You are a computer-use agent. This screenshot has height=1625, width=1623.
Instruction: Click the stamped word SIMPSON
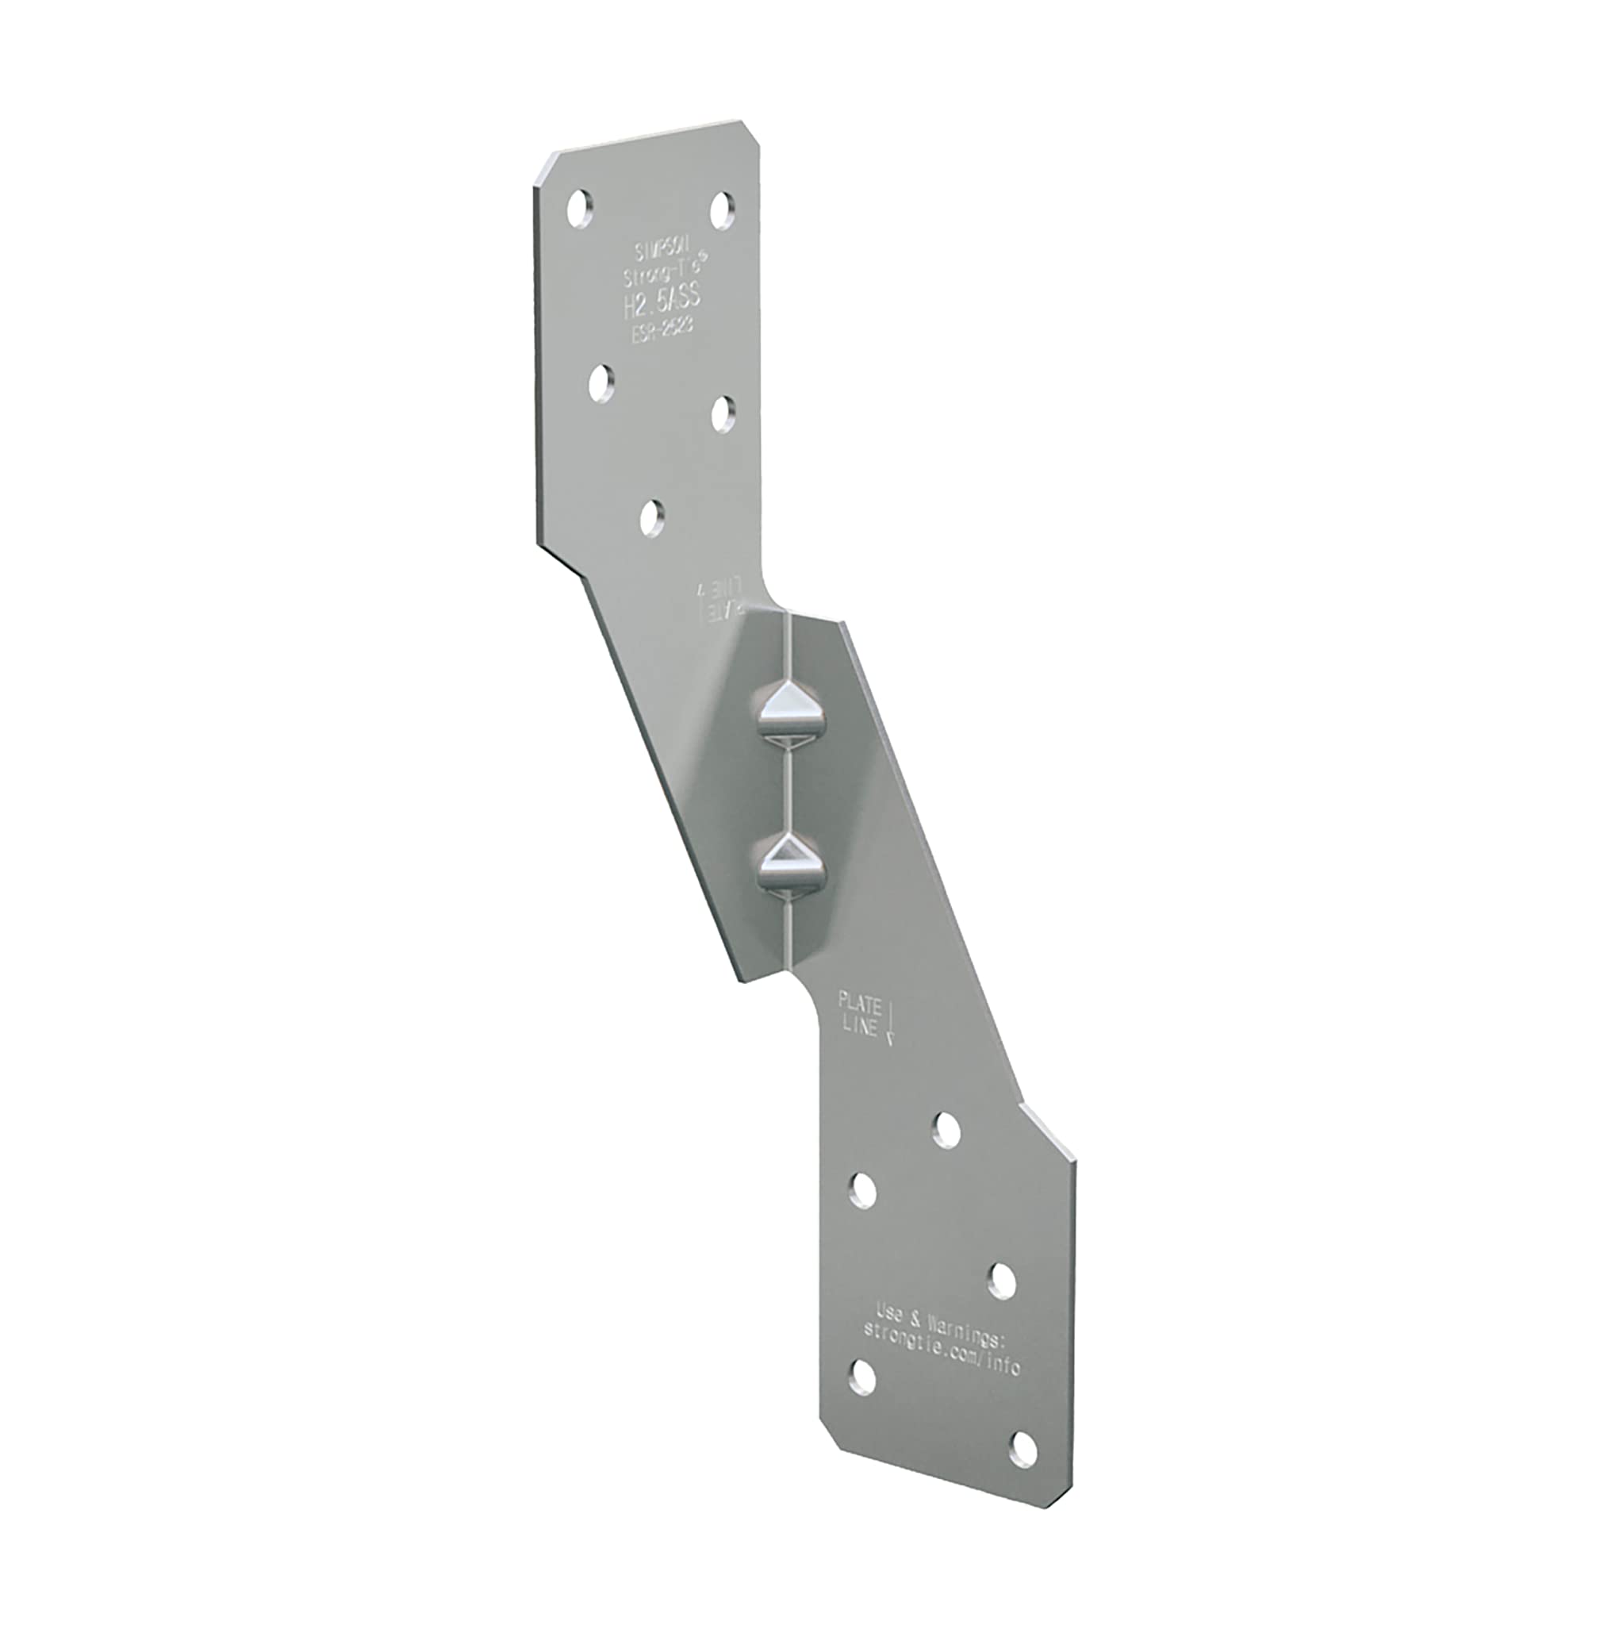(660, 252)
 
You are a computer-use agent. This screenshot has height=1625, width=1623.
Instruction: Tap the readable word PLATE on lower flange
(859, 1004)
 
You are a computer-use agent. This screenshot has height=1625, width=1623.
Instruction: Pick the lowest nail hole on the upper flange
(652, 518)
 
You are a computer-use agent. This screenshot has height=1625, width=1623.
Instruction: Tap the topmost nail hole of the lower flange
(947, 1130)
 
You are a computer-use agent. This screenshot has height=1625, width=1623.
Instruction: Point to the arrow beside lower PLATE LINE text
(891, 1026)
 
